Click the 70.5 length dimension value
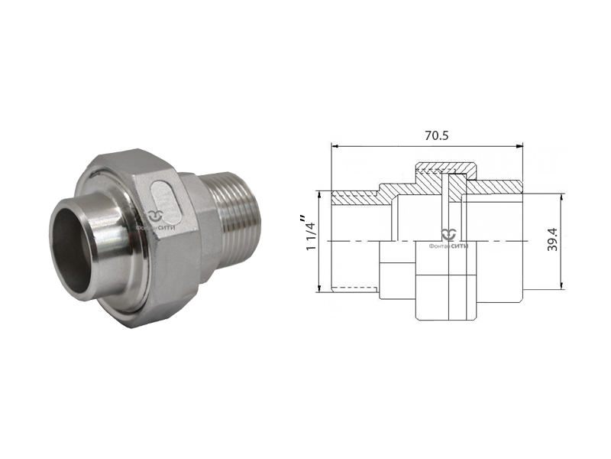point(425,135)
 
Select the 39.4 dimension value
point(552,239)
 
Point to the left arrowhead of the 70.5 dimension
point(335,145)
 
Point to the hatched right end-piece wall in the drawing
point(496,186)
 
